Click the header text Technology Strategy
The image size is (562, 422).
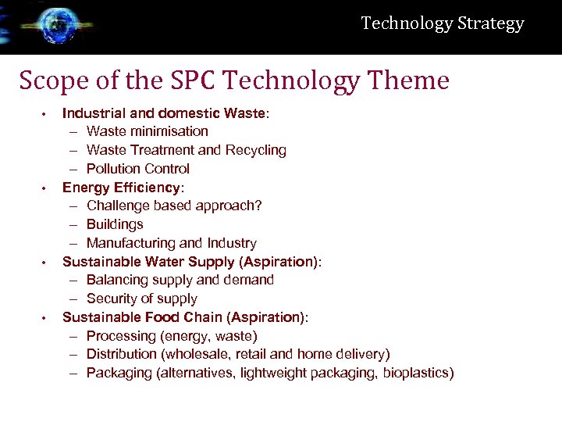(x=443, y=23)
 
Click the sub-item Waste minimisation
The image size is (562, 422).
(x=147, y=131)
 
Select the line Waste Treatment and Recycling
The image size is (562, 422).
(x=186, y=150)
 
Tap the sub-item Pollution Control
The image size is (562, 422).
(x=137, y=169)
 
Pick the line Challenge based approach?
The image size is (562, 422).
(x=173, y=206)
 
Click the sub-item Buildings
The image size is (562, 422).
(x=115, y=224)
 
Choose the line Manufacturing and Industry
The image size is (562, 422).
(x=171, y=243)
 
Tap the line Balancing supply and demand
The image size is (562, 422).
(x=180, y=280)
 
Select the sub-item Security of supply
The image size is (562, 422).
(x=141, y=299)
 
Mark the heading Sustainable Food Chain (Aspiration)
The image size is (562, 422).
(x=185, y=317)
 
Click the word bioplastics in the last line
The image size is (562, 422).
(x=416, y=373)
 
